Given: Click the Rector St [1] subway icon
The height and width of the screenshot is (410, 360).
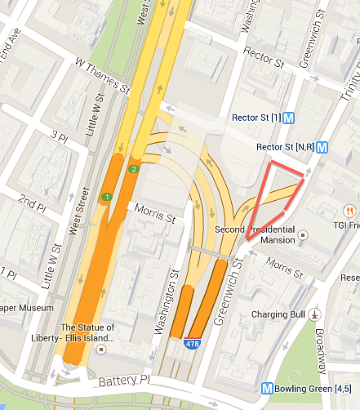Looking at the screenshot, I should [290, 118].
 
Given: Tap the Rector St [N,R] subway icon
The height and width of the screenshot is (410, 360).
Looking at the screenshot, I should [322, 148].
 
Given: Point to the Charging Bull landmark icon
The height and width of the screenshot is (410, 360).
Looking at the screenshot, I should [315, 314].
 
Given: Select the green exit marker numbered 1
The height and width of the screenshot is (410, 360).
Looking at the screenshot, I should [106, 197].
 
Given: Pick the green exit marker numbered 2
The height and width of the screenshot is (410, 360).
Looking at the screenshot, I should [133, 169].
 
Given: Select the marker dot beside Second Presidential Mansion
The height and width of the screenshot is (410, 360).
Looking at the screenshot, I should [304, 234].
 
